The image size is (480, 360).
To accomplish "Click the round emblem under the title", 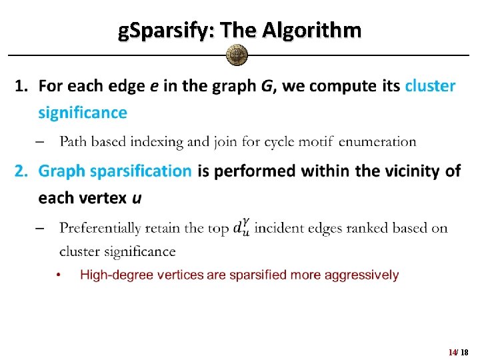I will click(x=237, y=55).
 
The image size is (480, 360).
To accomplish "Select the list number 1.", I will click(x=21, y=86).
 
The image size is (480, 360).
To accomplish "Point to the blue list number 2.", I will click(x=21, y=171).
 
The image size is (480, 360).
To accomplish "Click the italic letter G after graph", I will click(x=266, y=86).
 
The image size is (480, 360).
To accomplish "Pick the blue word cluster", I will click(x=431, y=86).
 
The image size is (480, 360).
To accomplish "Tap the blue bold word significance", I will click(x=82, y=113).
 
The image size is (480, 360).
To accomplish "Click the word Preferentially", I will click(x=100, y=229).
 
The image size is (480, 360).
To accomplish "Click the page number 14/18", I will click(x=459, y=351).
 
